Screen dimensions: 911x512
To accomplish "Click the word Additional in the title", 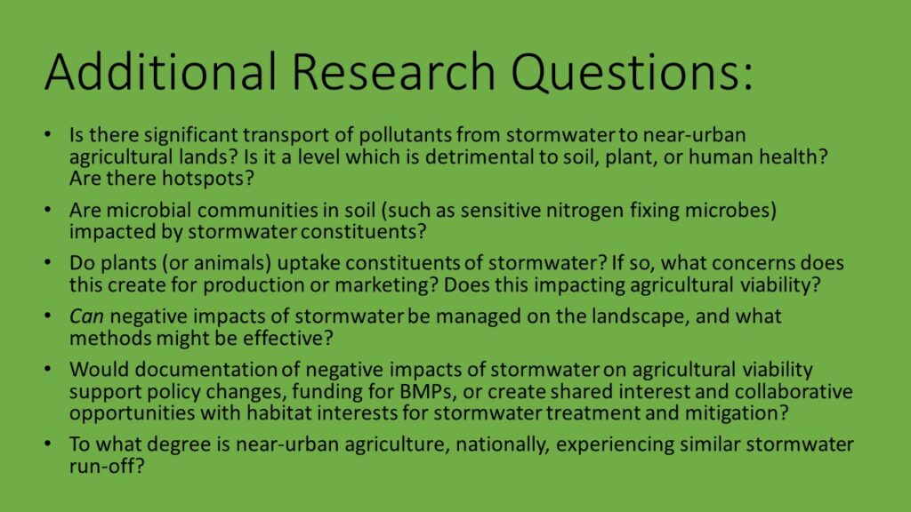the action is click(x=160, y=71).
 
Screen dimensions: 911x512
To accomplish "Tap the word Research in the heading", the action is click(x=392, y=71).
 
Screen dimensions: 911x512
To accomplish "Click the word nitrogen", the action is click(x=585, y=211).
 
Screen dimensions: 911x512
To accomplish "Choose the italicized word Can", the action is click(x=86, y=317).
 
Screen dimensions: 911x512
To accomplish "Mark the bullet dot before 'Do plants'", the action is click(x=48, y=263).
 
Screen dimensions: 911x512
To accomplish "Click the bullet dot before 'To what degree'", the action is click(x=48, y=444).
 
